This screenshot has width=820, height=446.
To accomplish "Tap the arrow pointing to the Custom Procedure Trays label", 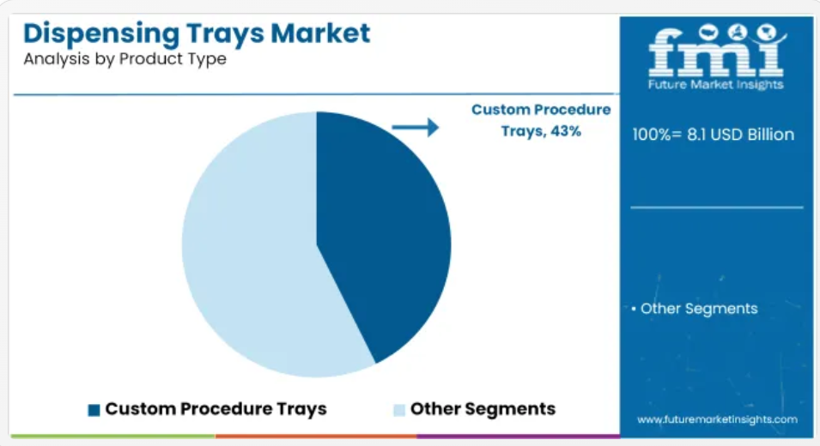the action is pos(416,127).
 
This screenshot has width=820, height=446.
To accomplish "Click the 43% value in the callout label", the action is pos(566,131).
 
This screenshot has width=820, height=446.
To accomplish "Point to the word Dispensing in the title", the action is pos(101,34).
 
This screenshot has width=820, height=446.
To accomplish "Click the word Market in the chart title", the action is pos(320,33).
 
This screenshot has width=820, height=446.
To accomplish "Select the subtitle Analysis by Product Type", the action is pos(125,59).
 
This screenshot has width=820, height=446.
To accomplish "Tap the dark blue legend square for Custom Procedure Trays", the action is pos(94,410).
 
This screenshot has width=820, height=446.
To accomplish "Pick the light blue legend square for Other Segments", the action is pos(399,410).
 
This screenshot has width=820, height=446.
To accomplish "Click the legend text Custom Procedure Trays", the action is pos(216,409).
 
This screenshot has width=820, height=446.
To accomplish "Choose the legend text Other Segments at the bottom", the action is pos(483,409).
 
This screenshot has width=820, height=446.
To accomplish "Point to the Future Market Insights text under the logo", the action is pos(715,85).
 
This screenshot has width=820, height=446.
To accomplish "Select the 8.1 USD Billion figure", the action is pos(740,135).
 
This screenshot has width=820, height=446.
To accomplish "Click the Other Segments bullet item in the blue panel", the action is pos(695,309).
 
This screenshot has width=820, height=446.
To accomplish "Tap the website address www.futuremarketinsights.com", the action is pos(717,419).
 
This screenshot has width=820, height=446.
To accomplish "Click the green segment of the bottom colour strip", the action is pos(113,436).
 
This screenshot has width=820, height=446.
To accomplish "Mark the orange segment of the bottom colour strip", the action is pos(316,436).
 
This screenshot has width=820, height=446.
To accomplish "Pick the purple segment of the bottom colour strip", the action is pos(519,436).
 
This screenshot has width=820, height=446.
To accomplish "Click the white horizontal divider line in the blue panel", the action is pos(716,208).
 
